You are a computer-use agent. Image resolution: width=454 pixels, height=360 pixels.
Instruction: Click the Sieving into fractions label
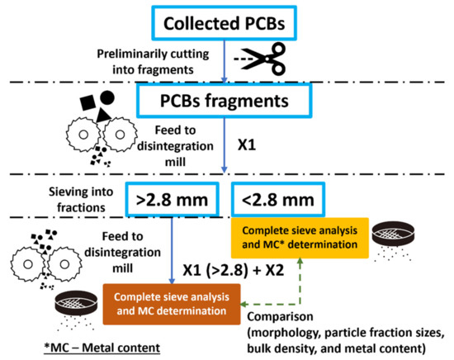pyautogui.click(x=72, y=198)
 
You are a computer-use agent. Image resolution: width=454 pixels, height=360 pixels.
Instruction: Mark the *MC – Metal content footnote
pyautogui.click(x=70, y=343)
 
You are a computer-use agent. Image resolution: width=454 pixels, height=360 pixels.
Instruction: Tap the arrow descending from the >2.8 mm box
pyautogui.click(x=171, y=248)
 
